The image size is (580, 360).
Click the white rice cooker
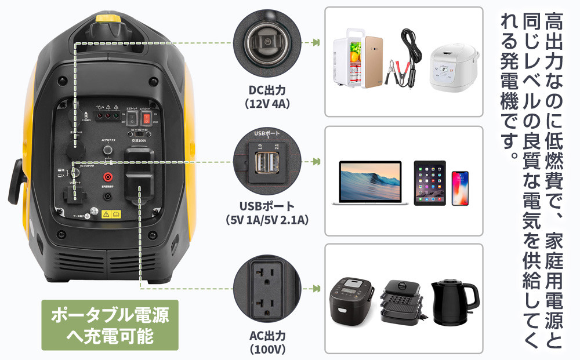click(x=455, y=66)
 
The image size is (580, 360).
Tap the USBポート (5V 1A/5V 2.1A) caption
click(x=267, y=213)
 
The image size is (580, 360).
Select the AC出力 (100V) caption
click(x=267, y=343)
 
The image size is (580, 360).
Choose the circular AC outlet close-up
click(x=267, y=288)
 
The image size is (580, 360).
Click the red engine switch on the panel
click(x=147, y=118)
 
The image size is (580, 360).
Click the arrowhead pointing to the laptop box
click(x=317, y=162)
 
